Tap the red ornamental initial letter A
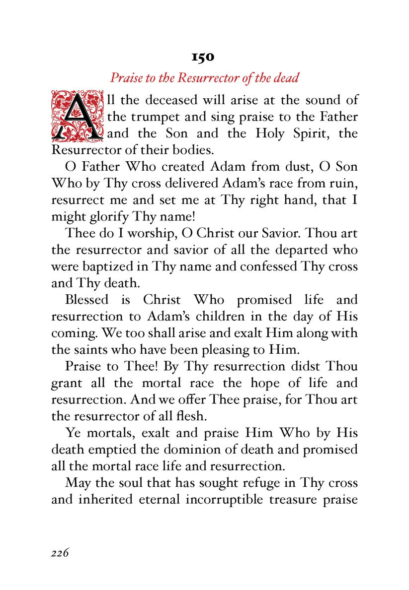pos(77,114)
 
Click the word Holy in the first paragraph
pos(272,134)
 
